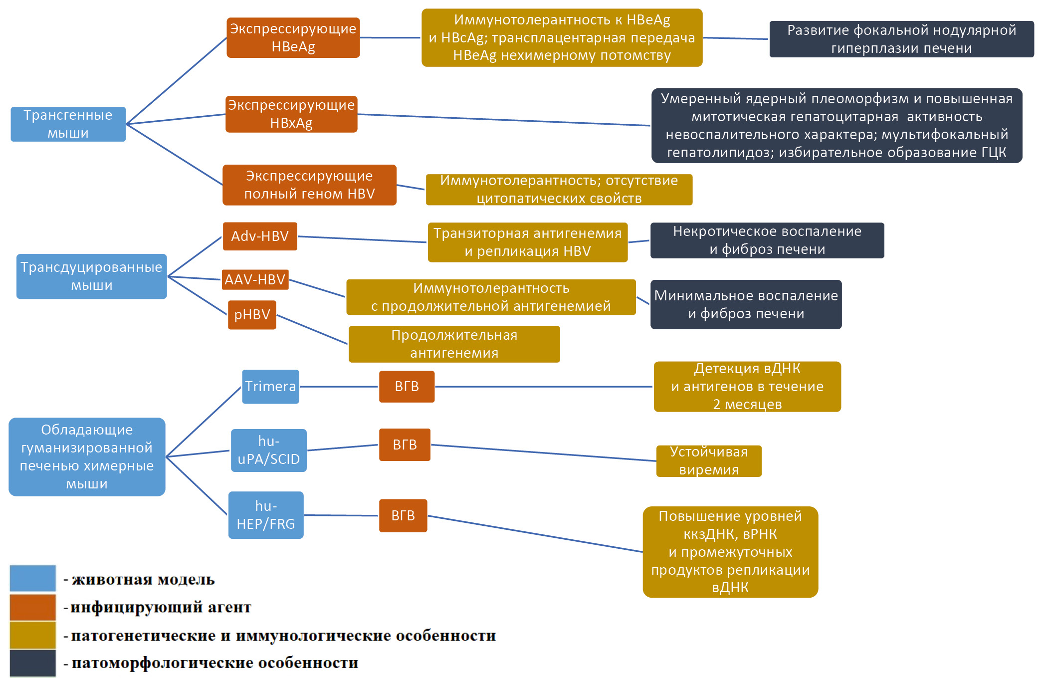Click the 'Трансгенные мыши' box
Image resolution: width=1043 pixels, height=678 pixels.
click(68, 124)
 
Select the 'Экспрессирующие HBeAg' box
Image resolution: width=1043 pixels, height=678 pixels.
click(293, 38)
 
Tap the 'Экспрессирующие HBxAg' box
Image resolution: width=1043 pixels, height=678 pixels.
click(291, 114)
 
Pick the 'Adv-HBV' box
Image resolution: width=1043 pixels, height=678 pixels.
click(260, 236)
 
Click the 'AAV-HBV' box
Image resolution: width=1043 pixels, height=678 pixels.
click(255, 279)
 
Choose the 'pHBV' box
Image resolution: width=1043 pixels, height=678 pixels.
click(252, 315)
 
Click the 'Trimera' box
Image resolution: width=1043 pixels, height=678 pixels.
click(270, 387)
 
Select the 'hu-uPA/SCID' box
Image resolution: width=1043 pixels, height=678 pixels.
click(269, 451)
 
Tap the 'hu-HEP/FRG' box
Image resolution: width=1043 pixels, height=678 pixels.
click(266, 515)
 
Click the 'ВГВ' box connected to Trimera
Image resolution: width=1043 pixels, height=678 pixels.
click(407, 387)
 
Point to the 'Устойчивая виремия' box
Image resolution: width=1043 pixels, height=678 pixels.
click(709, 461)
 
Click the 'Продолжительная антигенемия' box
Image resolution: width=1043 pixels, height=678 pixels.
click(454, 344)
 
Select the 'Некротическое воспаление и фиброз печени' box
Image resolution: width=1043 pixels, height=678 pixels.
click(767, 240)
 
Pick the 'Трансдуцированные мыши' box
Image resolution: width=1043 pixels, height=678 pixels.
click(92, 276)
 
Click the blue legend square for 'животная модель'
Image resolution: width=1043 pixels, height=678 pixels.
click(33, 578)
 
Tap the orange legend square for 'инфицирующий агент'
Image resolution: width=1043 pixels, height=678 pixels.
click(33, 607)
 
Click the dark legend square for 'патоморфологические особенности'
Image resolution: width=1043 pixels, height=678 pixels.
click(33, 663)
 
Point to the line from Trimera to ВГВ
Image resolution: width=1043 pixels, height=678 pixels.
click(339, 387)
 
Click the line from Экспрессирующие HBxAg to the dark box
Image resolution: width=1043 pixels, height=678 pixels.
click(504, 120)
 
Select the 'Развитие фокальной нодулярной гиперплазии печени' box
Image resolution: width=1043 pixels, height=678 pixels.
click(901, 39)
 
